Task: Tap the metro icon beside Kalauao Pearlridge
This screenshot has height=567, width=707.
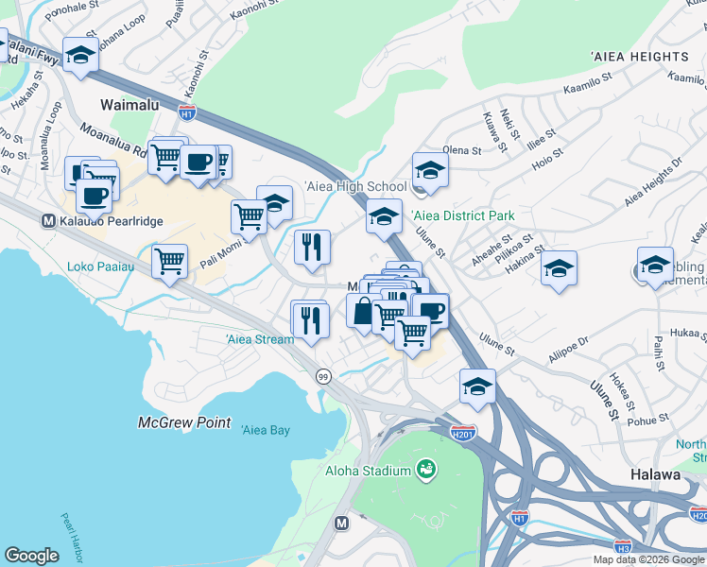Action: (47, 221)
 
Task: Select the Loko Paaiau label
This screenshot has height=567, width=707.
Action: (100, 267)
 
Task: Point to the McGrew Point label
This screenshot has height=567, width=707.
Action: (184, 422)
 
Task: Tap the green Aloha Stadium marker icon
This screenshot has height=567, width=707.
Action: (425, 470)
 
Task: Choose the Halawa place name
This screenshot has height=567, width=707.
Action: (652, 475)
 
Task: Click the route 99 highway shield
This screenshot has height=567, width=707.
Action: (322, 376)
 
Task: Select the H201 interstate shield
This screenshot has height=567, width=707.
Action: (462, 433)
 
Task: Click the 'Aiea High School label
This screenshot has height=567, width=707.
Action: (355, 187)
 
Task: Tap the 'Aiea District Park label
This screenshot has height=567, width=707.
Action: (464, 216)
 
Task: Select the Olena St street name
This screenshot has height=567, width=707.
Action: (462, 150)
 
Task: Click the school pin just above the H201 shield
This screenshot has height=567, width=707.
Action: (477, 386)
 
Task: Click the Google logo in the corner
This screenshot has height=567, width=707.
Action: (31, 556)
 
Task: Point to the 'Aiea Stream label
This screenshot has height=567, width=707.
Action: (259, 339)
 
